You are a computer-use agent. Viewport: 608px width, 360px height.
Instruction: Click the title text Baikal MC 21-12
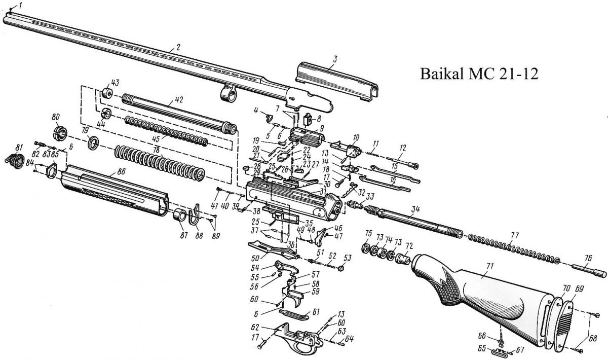tap(479, 75)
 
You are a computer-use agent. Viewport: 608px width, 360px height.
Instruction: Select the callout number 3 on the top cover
tap(335, 59)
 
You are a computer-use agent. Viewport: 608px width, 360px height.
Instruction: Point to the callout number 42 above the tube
tap(178, 100)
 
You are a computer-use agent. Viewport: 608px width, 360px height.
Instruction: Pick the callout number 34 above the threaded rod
tap(416, 209)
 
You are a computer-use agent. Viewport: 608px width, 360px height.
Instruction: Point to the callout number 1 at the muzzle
tap(20, 5)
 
